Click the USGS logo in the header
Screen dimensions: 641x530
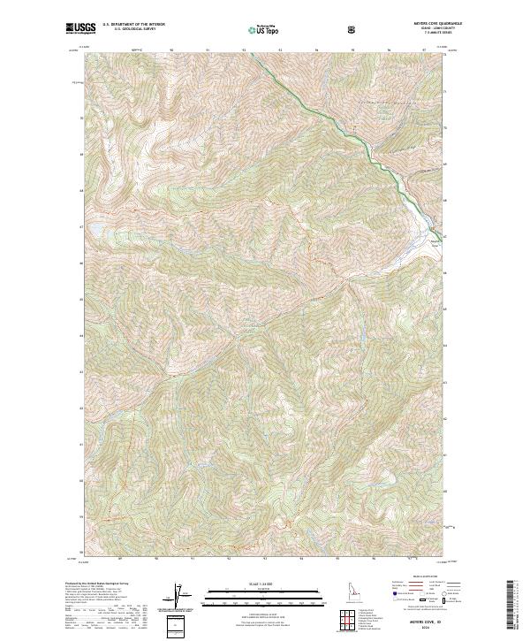80,29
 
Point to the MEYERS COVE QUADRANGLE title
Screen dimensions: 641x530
425,25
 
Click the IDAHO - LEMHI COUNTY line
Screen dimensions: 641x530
425,29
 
